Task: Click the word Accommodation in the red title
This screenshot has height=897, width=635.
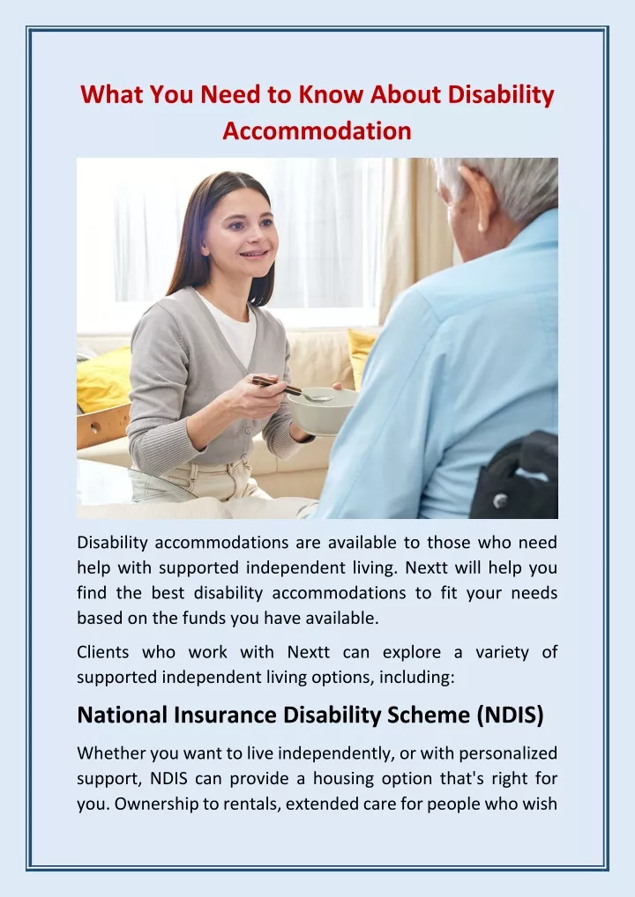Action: [317, 130]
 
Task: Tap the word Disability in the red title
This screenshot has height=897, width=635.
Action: [501, 94]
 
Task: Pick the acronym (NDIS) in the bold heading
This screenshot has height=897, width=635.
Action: [510, 715]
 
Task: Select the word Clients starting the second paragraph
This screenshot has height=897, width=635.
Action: [102, 652]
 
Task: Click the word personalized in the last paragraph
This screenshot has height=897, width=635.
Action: [508, 753]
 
